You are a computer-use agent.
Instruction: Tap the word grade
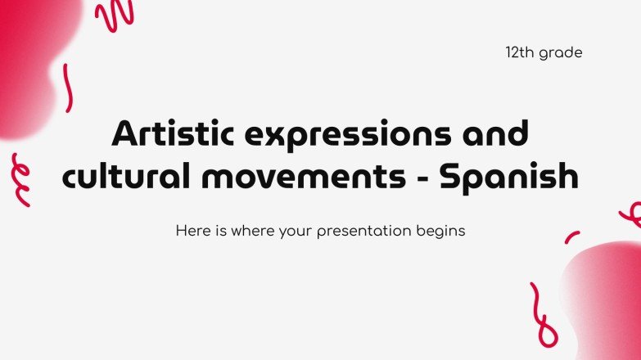pos(562,54)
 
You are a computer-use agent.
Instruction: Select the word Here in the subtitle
pos(191,231)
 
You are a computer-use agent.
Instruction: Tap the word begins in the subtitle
pos(444,232)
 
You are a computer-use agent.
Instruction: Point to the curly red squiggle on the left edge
pos(20,179)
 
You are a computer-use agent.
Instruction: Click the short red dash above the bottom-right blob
pos(571,237)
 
